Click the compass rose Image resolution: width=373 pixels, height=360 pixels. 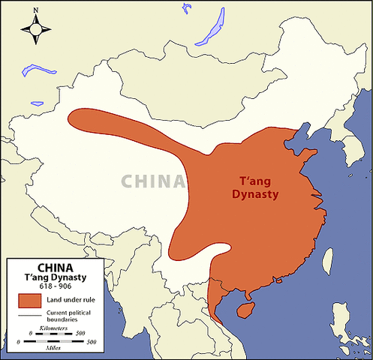click(36, 29)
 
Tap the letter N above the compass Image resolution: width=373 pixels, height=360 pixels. click(36, 10)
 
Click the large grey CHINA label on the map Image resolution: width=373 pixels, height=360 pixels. click(153, 181)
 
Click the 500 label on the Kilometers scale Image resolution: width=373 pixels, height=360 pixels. click(91, 334)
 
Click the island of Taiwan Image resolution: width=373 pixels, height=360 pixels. click(327, 259)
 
